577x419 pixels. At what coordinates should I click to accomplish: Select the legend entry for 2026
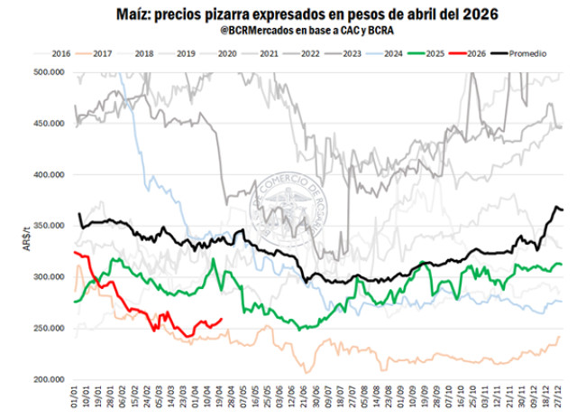pos(471,54)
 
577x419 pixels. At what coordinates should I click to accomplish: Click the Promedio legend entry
pos(528,54)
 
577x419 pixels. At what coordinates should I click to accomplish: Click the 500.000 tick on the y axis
pos(50,71)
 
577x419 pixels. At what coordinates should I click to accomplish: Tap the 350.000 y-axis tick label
pos(50,225)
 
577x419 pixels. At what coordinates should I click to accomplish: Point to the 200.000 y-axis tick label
pos(50,379)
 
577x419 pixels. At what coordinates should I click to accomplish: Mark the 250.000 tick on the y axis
pos(50,328)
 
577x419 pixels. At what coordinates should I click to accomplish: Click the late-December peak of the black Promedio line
pos(556,208)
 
